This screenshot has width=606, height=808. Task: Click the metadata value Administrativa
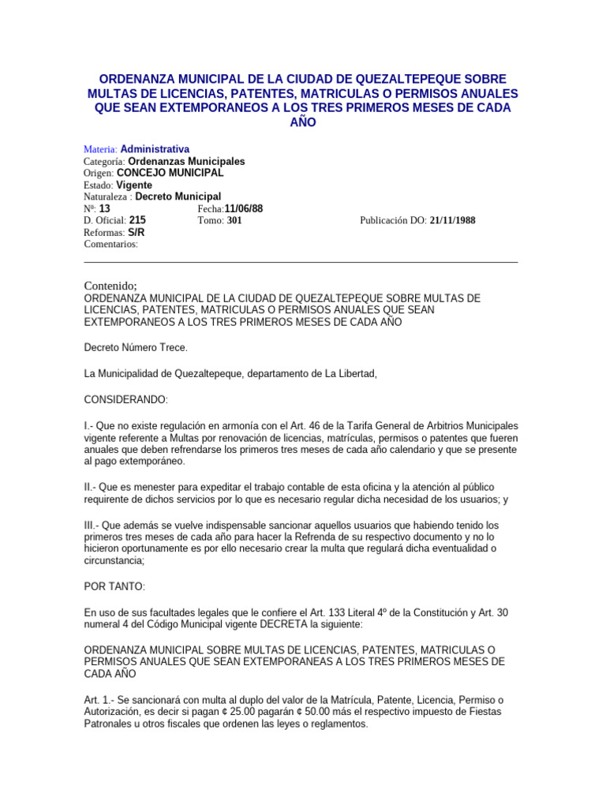click(155, 149)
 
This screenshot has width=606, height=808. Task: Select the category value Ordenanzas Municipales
click(186, 161)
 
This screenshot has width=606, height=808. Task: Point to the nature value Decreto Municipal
click(178, 196)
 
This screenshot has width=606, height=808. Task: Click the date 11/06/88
click(244, 208)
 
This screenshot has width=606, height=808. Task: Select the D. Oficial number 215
click(137, 220)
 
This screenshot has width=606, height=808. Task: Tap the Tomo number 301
click(234, 221)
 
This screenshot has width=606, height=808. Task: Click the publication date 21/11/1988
click(453, 221)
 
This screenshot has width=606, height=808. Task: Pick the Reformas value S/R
click(136, 233)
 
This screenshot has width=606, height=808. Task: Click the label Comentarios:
click(110, 245)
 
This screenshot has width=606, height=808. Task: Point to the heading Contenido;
click(110, 285)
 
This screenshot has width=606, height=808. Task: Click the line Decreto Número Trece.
click(136, 347)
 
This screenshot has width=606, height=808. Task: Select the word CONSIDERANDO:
click(125, 400)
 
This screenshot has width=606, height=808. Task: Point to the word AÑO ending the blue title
click(303, 122)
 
